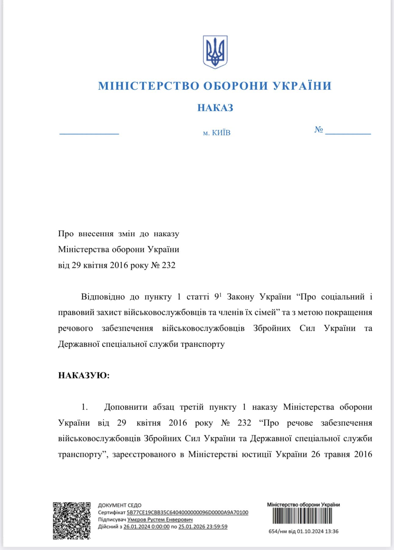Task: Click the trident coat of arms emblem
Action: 215,52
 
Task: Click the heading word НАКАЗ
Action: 215,108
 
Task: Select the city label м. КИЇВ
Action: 217,133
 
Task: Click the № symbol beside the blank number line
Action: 319,130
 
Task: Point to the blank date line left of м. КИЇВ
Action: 89,133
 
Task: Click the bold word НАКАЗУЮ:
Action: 84,375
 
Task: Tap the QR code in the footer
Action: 72,520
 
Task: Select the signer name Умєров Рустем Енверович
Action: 160,519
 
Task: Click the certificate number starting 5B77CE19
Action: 187,512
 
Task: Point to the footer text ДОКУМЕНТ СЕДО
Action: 120,505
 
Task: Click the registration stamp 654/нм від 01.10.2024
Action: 303,531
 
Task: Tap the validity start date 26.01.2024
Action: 146,526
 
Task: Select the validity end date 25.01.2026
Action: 203,526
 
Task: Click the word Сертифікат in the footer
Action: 111,512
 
